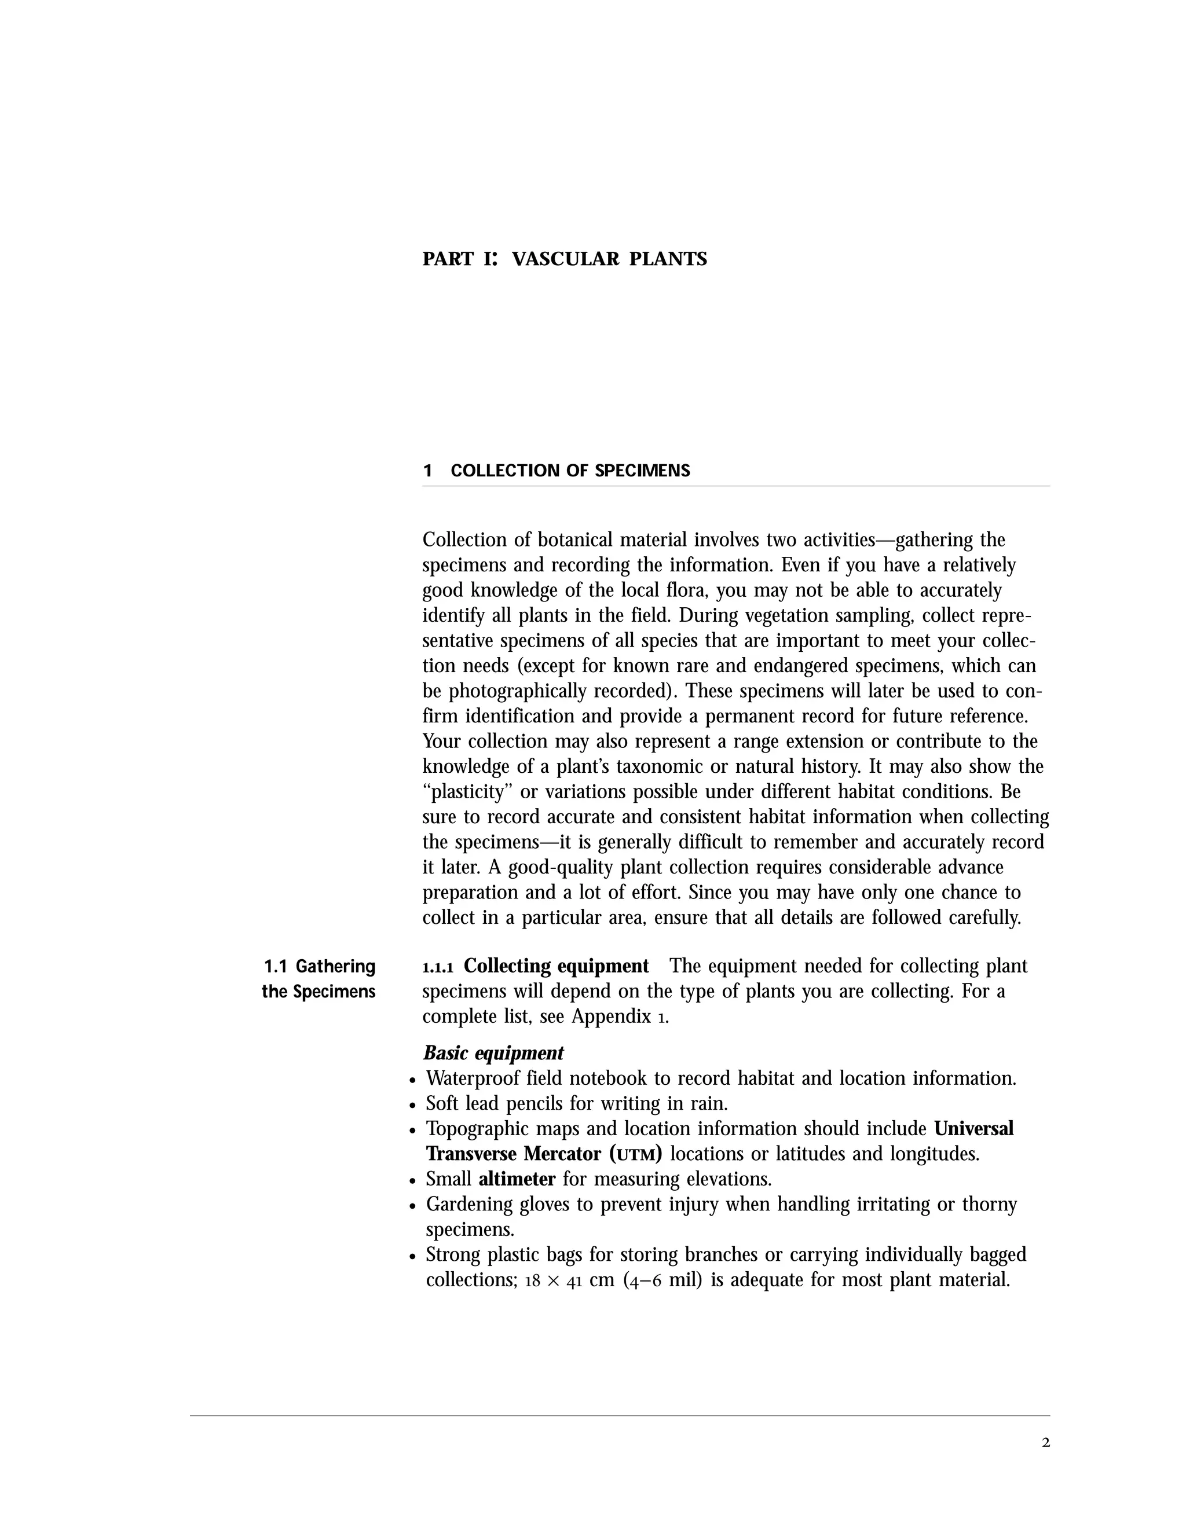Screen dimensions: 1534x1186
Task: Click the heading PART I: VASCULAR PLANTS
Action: [x=564, y=259]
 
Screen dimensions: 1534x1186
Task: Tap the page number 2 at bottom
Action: [x=1045, y=1443]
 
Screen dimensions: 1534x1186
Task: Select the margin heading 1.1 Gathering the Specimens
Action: [x=319, y=979]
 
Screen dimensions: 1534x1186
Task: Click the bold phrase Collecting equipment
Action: [x=556, y=967]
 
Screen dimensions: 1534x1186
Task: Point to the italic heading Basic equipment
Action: [x=493, y=1053]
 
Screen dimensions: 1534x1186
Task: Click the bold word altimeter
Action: [x=517, y=1179]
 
